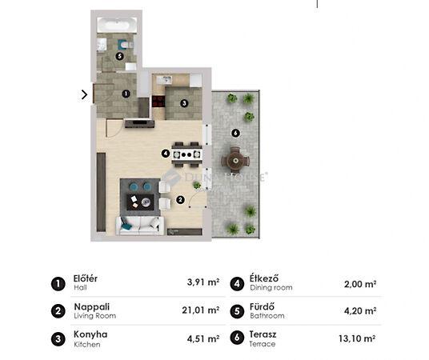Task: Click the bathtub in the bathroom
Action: coord(117,26)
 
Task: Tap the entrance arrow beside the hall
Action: coord(84,94)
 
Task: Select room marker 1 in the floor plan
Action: coord(126,94)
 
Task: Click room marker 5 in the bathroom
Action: coord(119,56)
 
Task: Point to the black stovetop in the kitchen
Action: coord(158,101)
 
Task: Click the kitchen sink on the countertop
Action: coord(164,80)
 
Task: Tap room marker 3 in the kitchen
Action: coord(184,103)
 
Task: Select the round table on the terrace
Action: coord(235,160)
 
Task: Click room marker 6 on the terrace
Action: coord(235,134)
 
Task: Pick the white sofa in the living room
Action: coord(140,226)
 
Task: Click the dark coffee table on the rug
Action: coord(140,202)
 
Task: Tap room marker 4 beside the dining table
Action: coord(166,154)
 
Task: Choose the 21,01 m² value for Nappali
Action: coord(201,310)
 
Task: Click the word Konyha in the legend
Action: coord(90,334)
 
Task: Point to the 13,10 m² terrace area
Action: coord(357,338)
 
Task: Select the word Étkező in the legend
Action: coord(264,278)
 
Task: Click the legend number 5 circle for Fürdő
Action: coord(237,311)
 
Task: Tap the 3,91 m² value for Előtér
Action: coord(203,282)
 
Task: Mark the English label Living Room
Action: coord(95,316)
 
